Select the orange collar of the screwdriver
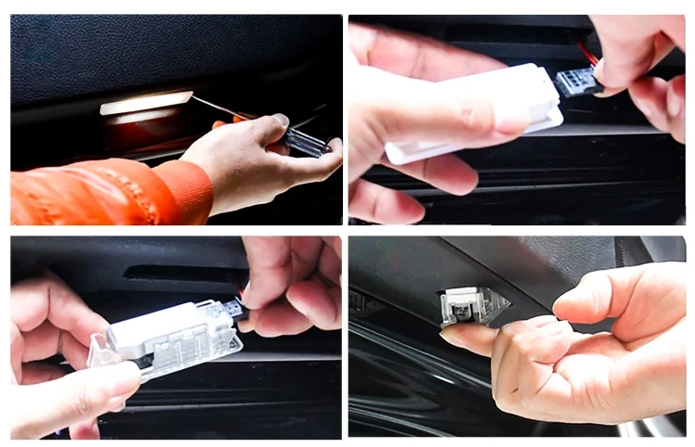(243, 117)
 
